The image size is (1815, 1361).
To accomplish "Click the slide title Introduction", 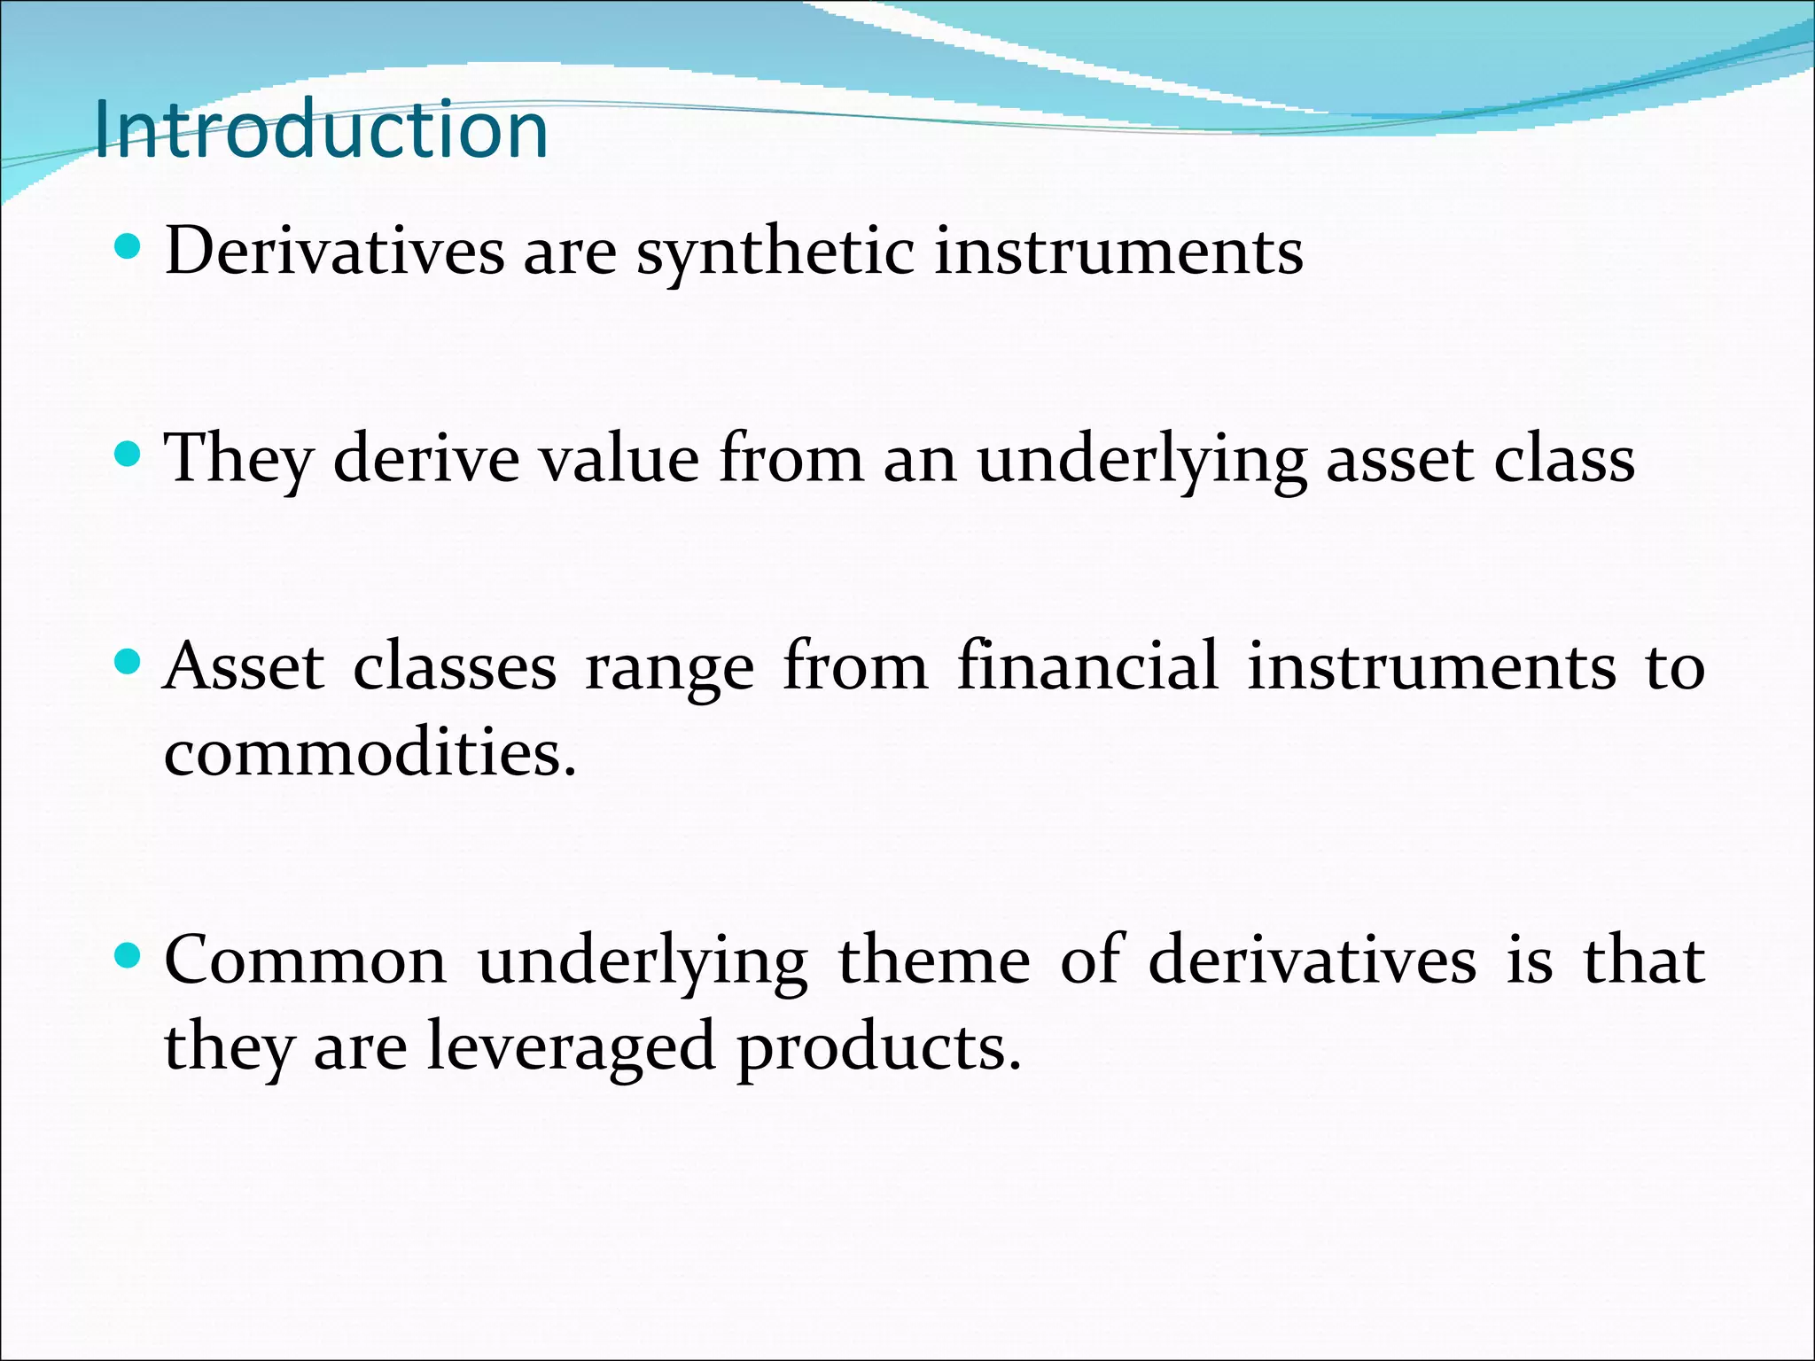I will point(321,131).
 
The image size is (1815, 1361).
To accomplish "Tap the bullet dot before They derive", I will point(129,455).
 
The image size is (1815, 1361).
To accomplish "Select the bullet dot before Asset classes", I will point(129,662).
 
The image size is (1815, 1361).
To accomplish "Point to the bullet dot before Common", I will point(129,955).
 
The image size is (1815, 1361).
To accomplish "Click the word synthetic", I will point(775,253).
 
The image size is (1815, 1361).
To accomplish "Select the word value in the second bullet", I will point(619,460).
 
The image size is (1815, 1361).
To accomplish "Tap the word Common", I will point(306,960).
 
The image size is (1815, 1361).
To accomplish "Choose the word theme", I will point(934,960).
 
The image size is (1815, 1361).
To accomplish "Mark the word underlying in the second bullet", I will point(1141,462).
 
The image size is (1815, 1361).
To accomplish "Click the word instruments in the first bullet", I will point(1118,253).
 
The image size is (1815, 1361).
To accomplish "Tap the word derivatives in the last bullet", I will point(1313,960).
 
